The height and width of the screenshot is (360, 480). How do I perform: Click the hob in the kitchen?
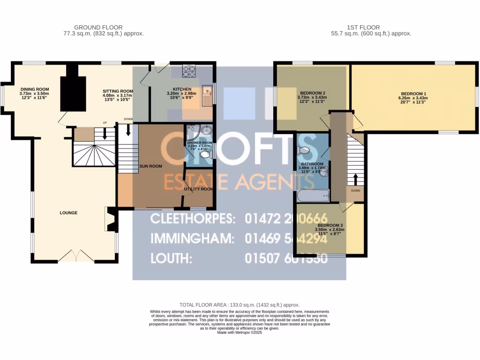[188, 70]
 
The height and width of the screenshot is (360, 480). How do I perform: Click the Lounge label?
[68, 213]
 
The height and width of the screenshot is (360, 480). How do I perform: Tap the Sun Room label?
[150, 166]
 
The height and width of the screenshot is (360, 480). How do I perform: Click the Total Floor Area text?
[240, 304]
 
